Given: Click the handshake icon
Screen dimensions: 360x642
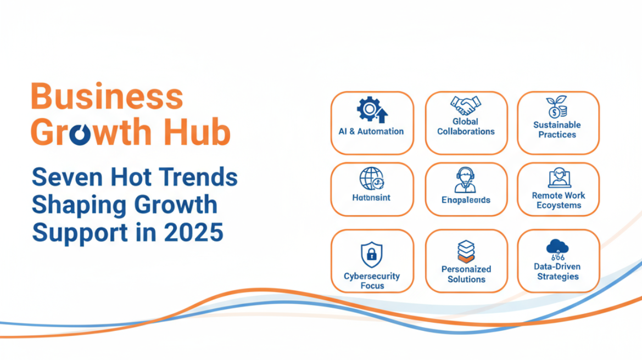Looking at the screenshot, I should coord(466,105).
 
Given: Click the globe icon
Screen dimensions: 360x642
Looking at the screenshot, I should coord(371,179).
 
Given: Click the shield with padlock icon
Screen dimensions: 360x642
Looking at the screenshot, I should coord(372,255).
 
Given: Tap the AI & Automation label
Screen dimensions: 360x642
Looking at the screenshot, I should coord(371,132).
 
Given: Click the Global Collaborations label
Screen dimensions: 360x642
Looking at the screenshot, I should coord(466,127).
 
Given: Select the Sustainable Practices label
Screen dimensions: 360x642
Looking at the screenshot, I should coord(557,130).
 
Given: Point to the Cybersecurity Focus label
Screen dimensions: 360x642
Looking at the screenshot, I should coord(372,281).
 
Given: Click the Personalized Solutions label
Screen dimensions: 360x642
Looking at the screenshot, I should coord(466,274).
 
